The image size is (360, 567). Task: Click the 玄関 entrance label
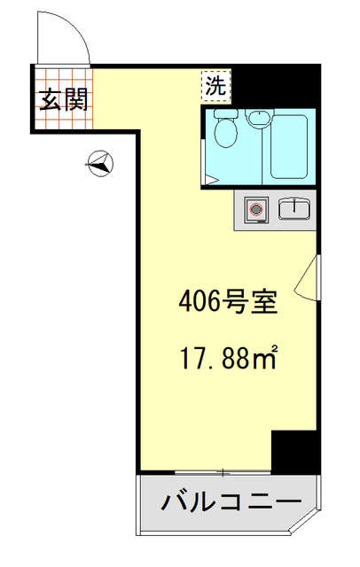(x=63, y=97)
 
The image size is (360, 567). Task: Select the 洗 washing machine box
(x=215, y=86)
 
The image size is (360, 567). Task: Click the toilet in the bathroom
(x=225, y=133)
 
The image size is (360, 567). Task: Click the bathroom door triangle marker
(x=208, y=180)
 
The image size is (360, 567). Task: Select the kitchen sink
(x=293, y=209)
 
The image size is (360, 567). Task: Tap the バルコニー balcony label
(x=229, y=502)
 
